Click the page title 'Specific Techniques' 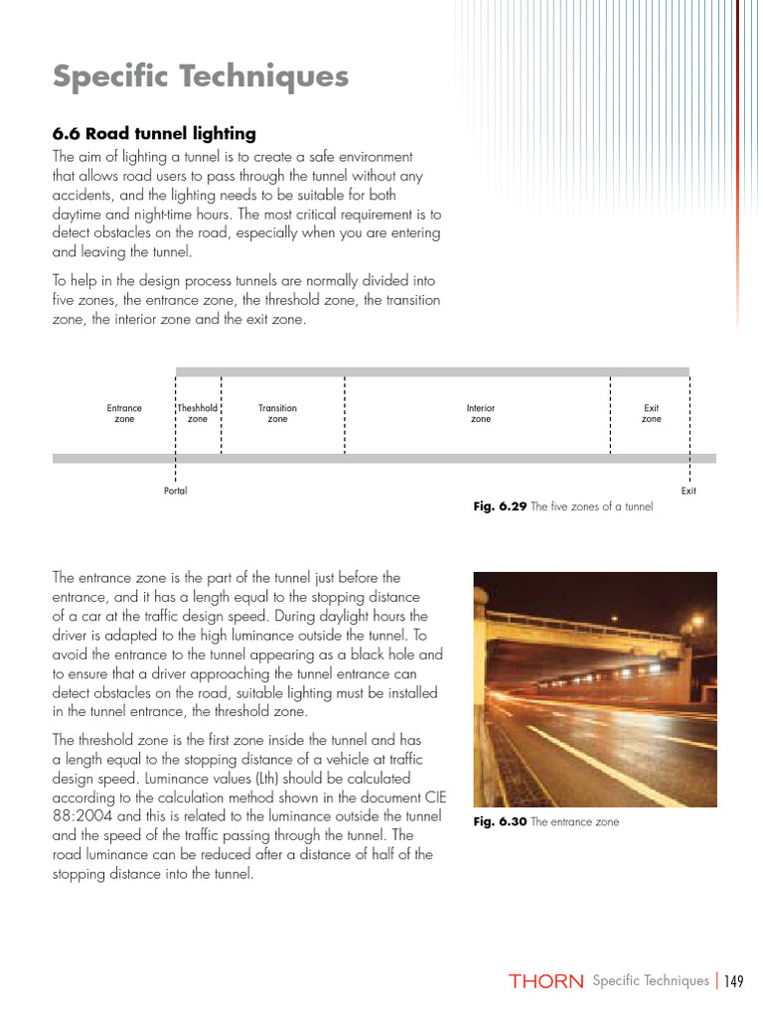[200, 76]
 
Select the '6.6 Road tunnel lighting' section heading [153, 133]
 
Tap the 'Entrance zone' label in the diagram [124, 413]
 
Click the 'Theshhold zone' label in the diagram [198, 413]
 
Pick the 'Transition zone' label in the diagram [277, 413]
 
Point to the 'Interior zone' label [480, 413]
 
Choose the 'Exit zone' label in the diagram [651, 413]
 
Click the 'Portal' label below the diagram [175, 491]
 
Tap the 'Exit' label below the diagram [688, 491]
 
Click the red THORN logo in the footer [545, 981]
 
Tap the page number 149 [734, 981]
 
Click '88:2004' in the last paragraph [77, 816]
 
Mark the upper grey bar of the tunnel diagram [432, 371]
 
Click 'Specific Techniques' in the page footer [650, 981]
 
